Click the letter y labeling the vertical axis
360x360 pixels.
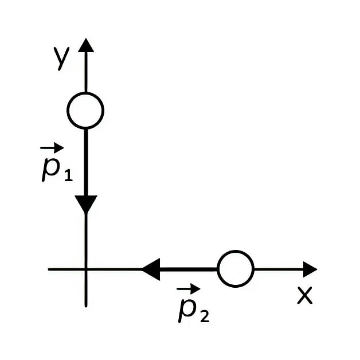point(61,58)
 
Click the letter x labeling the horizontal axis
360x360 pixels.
point(304,295)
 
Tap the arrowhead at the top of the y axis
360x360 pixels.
point(86,45)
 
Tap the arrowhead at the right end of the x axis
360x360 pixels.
point(310,269)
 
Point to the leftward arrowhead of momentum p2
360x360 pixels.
point(151,269)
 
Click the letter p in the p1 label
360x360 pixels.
point(51,169)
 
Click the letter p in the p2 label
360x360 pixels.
point(187,310)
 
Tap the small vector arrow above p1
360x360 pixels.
point(52,148)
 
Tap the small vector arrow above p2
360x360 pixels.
point(188,288)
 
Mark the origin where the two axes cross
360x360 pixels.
point(86,269)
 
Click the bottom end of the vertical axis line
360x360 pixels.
point(86,307)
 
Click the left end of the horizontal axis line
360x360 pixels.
point(49,269)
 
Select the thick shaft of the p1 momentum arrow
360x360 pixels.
point(86,163)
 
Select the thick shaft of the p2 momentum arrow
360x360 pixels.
point(188,269)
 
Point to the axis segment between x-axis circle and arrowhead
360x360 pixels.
point(279,269)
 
